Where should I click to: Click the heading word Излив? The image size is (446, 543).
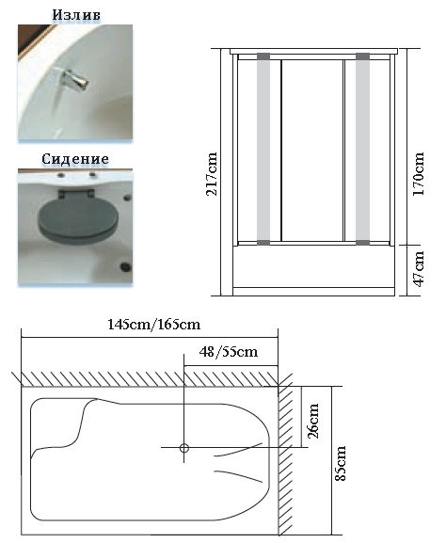tap(76, 15)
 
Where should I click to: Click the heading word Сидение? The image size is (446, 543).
tap(75, 159)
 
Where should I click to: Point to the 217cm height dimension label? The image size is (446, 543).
tap(212, 174)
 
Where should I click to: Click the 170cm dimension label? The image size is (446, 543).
tap(419, 173)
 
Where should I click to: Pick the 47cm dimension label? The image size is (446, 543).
tap(419, 269)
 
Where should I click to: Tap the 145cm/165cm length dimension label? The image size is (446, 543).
tap(154, 325)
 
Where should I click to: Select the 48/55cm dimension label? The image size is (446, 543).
tap(229, 352)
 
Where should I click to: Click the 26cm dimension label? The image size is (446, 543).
tap(313, 421)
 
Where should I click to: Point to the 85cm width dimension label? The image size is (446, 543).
tap(341, 463)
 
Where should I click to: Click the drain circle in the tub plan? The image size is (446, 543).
tap(184, 449)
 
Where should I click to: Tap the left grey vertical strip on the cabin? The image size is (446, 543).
tap(263, 149)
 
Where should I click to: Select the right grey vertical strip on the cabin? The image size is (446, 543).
tap(362, 149)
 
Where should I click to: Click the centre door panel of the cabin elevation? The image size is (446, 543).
tap(311, 151)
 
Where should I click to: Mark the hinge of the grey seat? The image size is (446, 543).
tap(76, 194)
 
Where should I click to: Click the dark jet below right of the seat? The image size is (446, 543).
tap(125, 266)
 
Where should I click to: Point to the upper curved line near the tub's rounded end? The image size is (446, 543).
tap(238, 449)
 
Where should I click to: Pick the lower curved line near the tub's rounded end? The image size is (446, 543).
tap(238, 476)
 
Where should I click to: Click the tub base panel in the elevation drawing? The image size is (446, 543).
tap(313, 266)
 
